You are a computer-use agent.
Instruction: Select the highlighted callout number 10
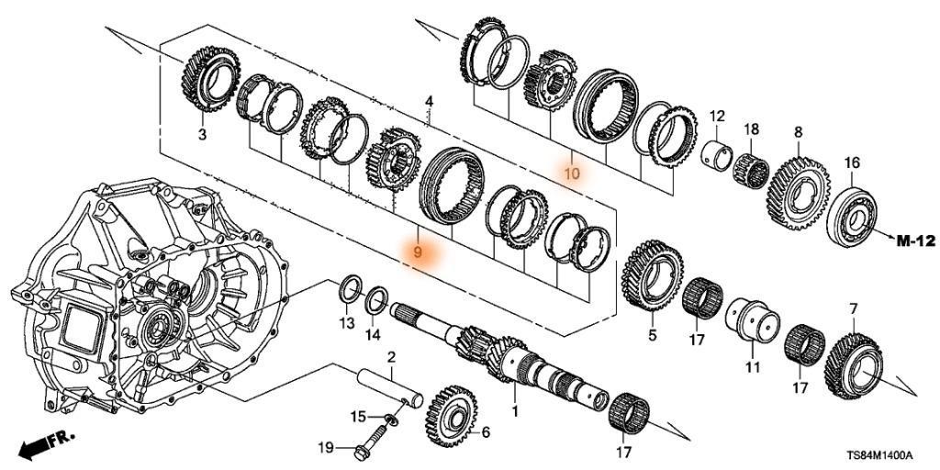click(572, 173)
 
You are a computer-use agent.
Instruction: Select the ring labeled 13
click(349, 286)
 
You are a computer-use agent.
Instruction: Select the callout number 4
click(429, 100)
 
